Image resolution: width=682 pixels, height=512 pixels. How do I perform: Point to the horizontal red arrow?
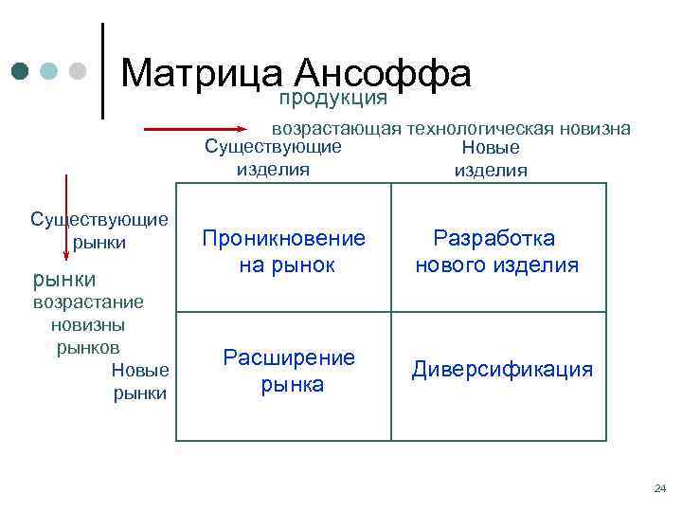204,126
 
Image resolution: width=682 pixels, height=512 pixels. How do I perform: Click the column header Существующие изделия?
274,158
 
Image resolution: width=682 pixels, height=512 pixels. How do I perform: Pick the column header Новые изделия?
491,159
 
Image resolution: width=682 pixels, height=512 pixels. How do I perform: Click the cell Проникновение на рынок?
284,251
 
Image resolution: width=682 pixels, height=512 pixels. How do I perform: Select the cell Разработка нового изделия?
496,251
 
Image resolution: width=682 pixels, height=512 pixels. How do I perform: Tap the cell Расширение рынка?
290,371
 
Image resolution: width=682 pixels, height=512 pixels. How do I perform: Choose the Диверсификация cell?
502,370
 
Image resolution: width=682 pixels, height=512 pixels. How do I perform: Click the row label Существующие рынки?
99,230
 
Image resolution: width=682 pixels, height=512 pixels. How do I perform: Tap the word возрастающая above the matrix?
337,129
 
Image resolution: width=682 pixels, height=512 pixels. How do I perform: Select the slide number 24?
659,489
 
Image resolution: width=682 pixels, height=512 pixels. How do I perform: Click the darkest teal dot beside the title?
21,71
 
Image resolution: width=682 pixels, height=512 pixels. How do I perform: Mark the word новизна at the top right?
601,129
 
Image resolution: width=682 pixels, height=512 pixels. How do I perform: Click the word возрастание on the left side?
88,302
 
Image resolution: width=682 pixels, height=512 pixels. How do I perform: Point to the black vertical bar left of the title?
102,71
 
